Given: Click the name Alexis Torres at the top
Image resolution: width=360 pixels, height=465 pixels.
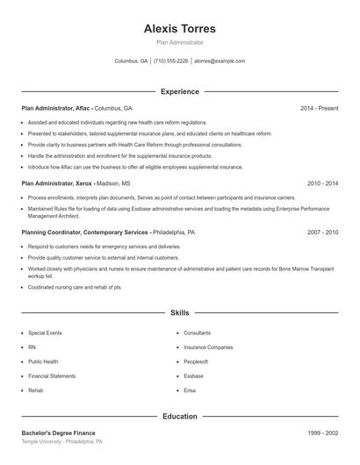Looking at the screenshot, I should [179, 28].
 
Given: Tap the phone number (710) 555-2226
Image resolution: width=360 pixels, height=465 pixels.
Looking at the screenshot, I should [171, 61].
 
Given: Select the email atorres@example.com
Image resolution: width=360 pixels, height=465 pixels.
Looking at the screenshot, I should [220, 61].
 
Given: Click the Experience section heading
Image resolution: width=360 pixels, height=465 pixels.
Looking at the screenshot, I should [179, 91].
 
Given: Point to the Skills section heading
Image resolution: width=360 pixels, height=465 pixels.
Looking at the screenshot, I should [179, 312].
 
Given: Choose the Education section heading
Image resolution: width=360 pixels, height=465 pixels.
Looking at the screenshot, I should [179, 416].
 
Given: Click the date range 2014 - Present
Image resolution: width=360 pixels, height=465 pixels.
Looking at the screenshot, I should [319, 108].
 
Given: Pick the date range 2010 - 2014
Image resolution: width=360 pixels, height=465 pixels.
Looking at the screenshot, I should [322, 183].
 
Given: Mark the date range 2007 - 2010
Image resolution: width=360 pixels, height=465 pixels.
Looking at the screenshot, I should [322, 232].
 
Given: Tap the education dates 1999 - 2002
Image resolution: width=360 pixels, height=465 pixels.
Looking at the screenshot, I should [322, 433].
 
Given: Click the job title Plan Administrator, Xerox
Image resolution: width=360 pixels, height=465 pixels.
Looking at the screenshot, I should [57, 183].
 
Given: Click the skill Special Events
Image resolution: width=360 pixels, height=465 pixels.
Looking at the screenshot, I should [45, 333].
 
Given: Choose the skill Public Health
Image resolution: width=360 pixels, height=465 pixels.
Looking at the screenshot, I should [43, 361].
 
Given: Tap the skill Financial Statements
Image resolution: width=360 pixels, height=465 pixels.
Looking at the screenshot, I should [52, 376].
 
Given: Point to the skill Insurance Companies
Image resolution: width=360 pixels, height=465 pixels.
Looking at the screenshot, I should [208, 347].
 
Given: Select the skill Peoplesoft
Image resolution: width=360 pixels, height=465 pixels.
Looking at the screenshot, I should [196, 361].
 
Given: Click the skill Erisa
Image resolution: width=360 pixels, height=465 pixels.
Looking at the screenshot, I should [190, 390].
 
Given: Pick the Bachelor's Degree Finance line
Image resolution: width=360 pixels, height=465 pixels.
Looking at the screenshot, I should [58, 433].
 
